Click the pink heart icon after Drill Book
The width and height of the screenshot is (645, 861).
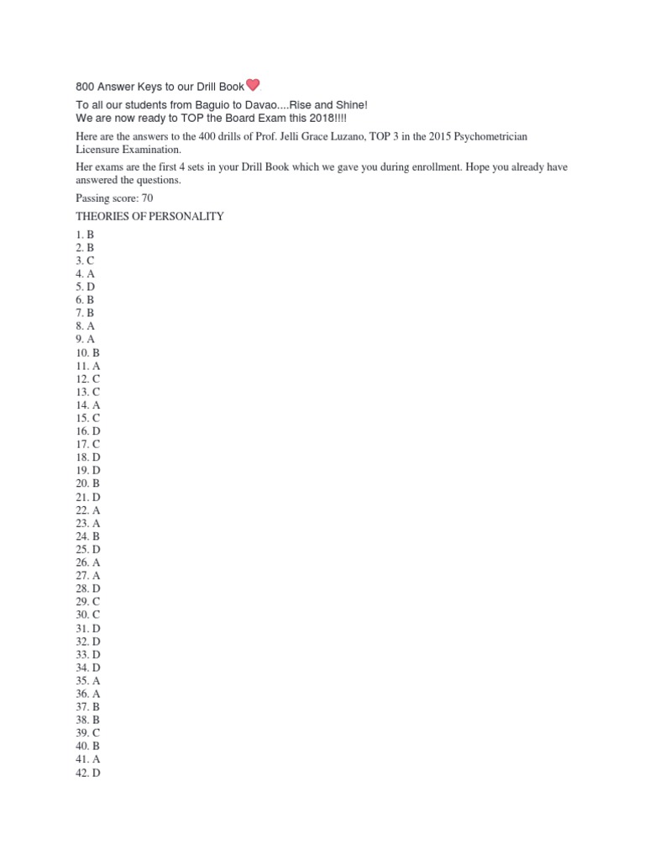click(253, 85)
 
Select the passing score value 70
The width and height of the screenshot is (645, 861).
click(147, 198)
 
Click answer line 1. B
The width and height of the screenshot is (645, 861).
click(85, 235)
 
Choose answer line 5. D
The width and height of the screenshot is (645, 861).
click(85, 288)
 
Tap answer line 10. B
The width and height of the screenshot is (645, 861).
click(87, 353)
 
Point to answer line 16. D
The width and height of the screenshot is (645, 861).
click(88, 431)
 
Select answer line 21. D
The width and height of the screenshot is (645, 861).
click(88, 497)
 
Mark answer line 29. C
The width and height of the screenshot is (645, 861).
click(88, 601)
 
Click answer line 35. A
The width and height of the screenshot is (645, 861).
click(88, 680)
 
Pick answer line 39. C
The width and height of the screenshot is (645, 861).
click(88, 732)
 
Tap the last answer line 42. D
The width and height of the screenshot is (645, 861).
click(88, 772)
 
